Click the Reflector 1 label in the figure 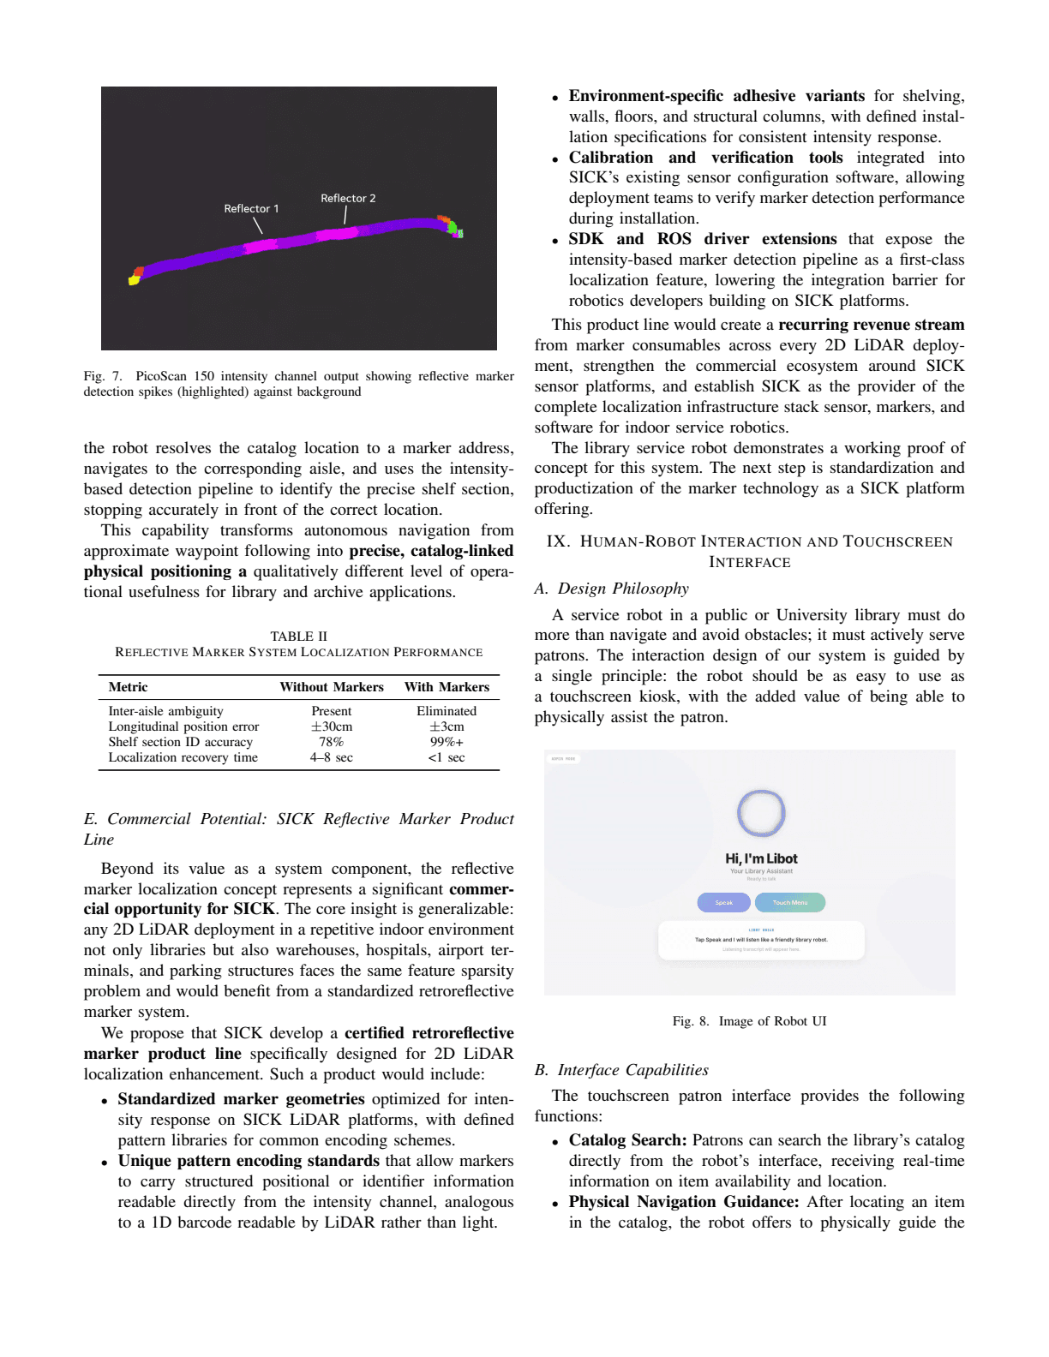point(251,208)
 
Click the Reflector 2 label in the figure point(348,198)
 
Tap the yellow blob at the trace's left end point(134,279)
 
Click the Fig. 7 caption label point(103,376)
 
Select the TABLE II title point(298,637)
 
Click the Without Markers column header point(332,687)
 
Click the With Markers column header point(447,687)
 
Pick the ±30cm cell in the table point(332,726)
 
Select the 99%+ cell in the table point(447,742)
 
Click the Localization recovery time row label point(183,757)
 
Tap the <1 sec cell point(447,757)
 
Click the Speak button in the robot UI point(724,902)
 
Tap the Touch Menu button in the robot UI point(790,902)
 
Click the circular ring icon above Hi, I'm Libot point(761,812)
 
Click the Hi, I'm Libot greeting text point(761,858)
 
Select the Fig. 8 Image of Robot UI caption point(749,1021)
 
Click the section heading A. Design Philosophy point(611,589)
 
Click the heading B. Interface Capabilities point(621,1070)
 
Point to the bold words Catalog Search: point(627,1140)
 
